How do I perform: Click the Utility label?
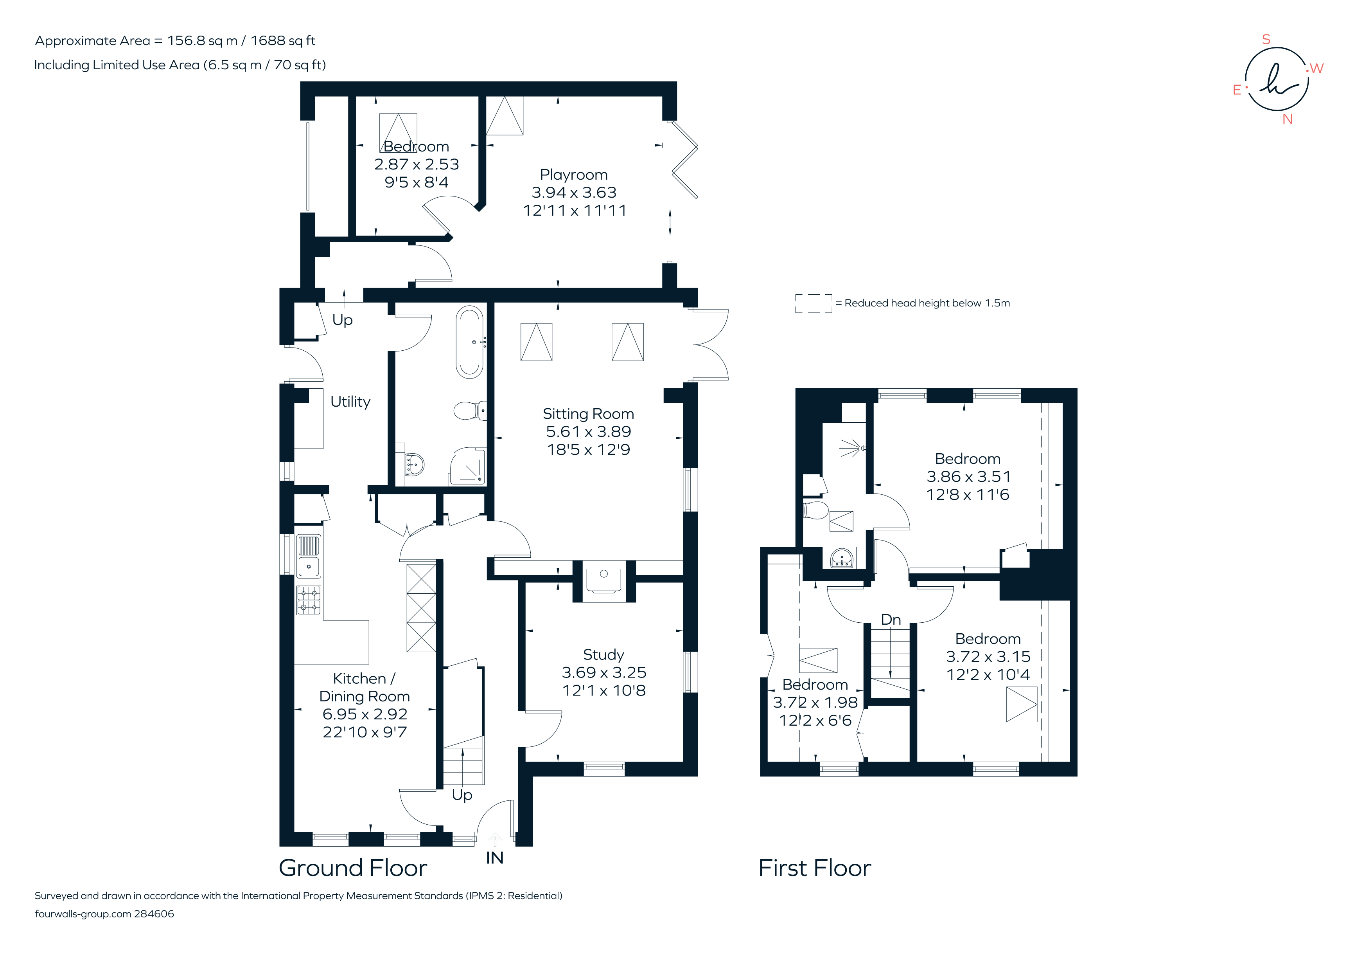pyautogui.click(x=350, y=402)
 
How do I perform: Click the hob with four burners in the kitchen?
pyautogui.click(x=308, y=600)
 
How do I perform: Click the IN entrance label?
pyautogui.click(x=494, y=858)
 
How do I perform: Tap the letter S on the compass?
pyautogui.click(x=1266, y=40)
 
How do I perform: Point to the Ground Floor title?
pyautogui.click(x=352, y=868)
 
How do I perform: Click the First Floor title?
pyautogui.click(x=814, y=868)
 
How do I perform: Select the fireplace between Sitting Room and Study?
pyautogui.click(x=603, y=580)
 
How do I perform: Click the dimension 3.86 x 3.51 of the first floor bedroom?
pyautogui.click(x=968, y=476)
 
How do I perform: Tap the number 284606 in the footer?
pyautogui.click(x=154, y=914)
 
